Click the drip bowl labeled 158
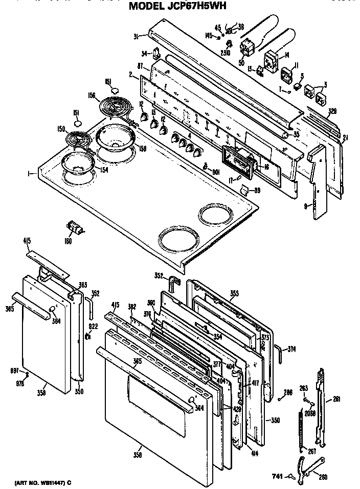116,139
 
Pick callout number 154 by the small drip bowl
103,170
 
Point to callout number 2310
226,52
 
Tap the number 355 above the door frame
234,294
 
